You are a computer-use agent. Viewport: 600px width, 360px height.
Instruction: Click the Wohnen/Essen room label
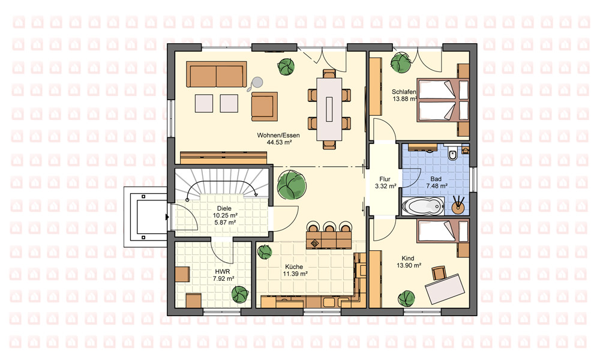pos(278,136)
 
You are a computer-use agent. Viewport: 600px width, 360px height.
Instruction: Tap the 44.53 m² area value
pos(279,142)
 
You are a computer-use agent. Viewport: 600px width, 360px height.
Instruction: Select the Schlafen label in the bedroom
pos(404,92)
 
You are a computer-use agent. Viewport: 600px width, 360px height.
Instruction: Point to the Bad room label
pos(436,179)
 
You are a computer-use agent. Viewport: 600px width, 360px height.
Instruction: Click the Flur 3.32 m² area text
pos(385,187)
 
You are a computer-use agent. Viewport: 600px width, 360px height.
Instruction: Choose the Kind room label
pos(408,258)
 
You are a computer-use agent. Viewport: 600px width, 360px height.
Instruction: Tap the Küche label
pos(294,266)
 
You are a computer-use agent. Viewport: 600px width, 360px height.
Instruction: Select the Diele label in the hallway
pos(224,209)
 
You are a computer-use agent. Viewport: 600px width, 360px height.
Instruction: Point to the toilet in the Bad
pos(453,153)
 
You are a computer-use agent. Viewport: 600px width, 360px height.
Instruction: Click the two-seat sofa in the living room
pos(217,74)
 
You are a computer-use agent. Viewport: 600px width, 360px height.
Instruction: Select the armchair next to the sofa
pos(265,106)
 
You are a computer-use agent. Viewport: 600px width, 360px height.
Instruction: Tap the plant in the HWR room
pos(240,295)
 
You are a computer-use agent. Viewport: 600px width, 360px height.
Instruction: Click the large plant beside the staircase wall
pos(292,185)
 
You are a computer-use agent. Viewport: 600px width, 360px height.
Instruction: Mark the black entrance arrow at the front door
pos(167,217)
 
